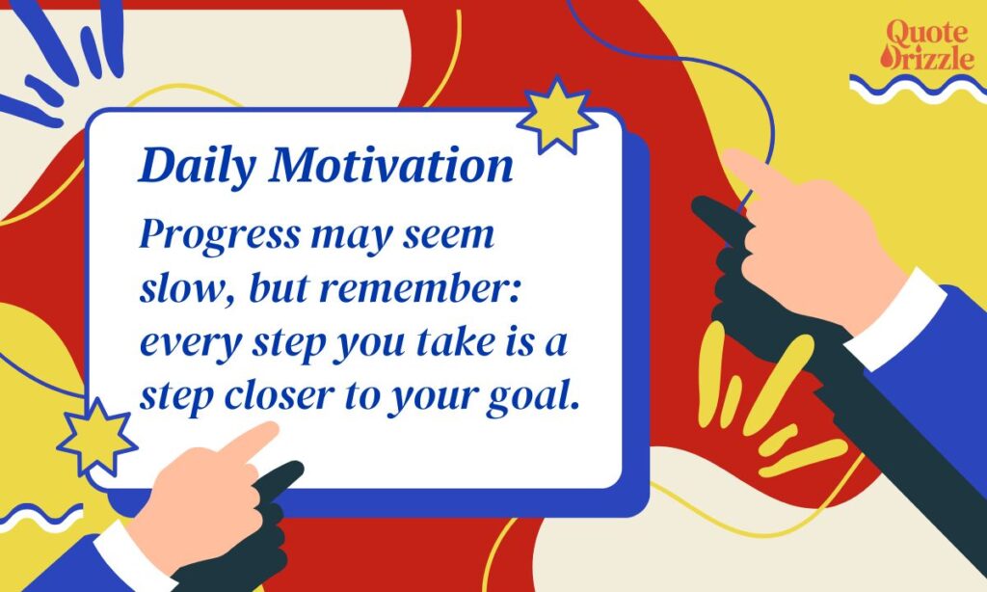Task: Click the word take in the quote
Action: click(x=443, y=344)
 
